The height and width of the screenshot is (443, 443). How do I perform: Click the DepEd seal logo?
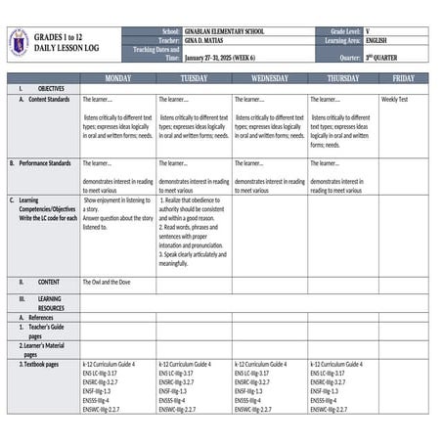[19, 42]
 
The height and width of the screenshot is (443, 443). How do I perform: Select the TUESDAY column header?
[194, 77]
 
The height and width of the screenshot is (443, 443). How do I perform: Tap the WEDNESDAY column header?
[269, 77]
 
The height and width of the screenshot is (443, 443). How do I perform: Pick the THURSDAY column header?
[342, 77]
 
